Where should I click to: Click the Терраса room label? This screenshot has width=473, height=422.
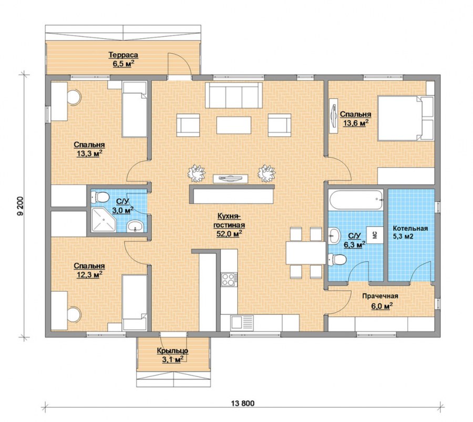coord(124,55)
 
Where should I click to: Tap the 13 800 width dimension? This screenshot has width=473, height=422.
coord(243,403)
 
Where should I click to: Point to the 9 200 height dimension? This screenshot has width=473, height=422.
coord(20,207)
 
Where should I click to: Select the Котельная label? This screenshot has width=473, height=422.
coord(410,229)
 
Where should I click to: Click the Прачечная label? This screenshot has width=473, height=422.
coord(380,296)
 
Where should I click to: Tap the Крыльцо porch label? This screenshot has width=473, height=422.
coord(172,351)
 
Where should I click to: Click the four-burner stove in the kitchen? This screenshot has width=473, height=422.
coord(229,279)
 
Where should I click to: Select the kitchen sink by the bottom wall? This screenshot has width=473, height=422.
coord(242,323)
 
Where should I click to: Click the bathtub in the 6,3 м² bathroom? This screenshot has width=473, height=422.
coord(356,199)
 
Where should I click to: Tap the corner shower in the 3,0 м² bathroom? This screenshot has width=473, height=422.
coord(103,219)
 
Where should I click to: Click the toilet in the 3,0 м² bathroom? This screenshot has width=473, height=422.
coord(100,198)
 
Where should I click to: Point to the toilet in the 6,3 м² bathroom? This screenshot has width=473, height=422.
coord(337,260)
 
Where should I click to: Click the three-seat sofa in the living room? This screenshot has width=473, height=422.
coord(234,95)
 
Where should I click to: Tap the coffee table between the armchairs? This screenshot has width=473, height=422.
coord(234,125)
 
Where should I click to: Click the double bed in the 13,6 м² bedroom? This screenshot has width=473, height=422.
coord(406,118)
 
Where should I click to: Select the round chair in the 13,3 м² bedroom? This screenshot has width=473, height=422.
coord(74,97)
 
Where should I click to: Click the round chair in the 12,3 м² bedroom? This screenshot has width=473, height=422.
coord(74,314)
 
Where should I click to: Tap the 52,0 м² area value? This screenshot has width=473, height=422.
coord(230,233)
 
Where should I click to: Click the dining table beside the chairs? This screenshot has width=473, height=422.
coord(306,253)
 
